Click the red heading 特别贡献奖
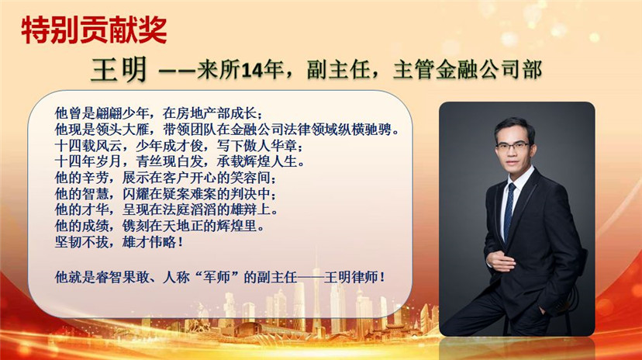click(x=94, y=30)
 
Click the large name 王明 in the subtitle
click(x=119, y=69)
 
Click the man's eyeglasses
click(x=513, y=146)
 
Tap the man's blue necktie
click(x=509, y=212)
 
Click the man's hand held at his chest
click(x=501, y=261)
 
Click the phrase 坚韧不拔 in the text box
click(x=82, y=241)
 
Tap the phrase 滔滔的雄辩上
click(x=230, y=209)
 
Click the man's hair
click(x=515, y=127)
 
